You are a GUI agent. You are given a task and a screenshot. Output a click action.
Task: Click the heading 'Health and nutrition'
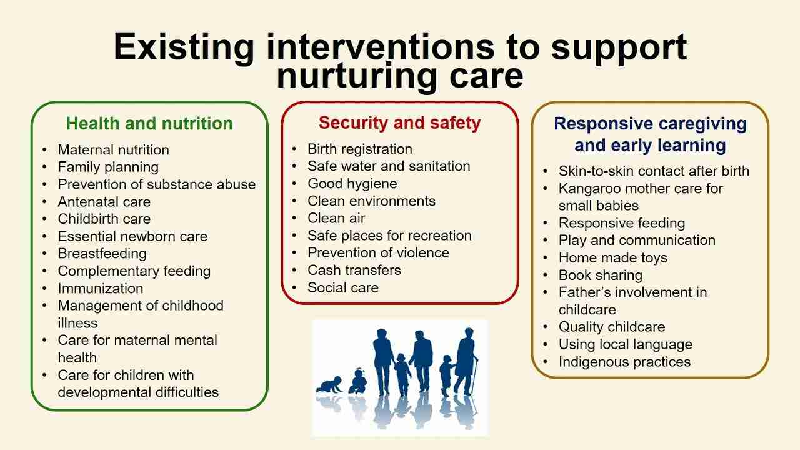149,124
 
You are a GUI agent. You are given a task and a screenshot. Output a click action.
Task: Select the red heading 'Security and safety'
399,123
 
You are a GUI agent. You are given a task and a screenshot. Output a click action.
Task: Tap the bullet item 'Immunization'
101,289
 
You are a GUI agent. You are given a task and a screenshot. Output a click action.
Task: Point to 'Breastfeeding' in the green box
102,254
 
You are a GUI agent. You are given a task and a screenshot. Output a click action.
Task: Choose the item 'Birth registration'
359,149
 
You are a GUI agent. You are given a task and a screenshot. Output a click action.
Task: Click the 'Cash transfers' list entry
354,271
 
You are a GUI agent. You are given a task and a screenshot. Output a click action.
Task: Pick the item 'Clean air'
336,218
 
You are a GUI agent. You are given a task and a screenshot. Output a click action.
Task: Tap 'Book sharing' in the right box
601,276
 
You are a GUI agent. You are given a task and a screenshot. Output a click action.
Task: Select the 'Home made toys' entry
613,258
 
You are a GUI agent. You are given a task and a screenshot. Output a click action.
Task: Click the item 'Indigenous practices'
624,362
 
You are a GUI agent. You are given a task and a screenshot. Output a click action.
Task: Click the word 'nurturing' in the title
357,76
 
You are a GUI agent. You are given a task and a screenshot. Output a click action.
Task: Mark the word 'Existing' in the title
184,47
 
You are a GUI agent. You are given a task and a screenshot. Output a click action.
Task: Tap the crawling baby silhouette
329,385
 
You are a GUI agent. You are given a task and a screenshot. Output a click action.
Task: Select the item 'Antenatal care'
104,202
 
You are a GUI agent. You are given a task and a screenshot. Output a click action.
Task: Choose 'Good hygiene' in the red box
352,184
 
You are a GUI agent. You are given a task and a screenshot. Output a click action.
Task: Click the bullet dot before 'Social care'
294,287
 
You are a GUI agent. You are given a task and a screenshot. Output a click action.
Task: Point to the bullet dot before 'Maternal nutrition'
44,149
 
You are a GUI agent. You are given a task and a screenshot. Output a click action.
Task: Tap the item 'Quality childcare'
612,327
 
